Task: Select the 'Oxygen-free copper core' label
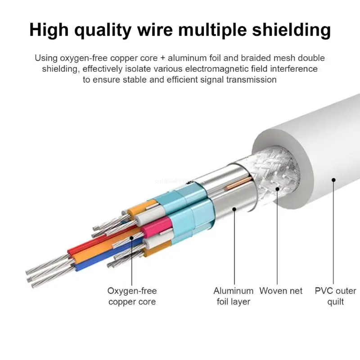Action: point(132,296)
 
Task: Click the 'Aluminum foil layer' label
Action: point(233,296)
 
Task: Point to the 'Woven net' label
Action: point(281,291)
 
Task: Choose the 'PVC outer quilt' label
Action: point(335,296)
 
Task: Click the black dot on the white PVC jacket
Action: point(333,180)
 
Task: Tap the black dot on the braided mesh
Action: point(277,189)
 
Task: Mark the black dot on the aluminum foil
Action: point(234,208)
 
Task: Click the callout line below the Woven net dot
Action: point(277,238)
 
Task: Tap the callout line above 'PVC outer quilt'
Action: point(333,234)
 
